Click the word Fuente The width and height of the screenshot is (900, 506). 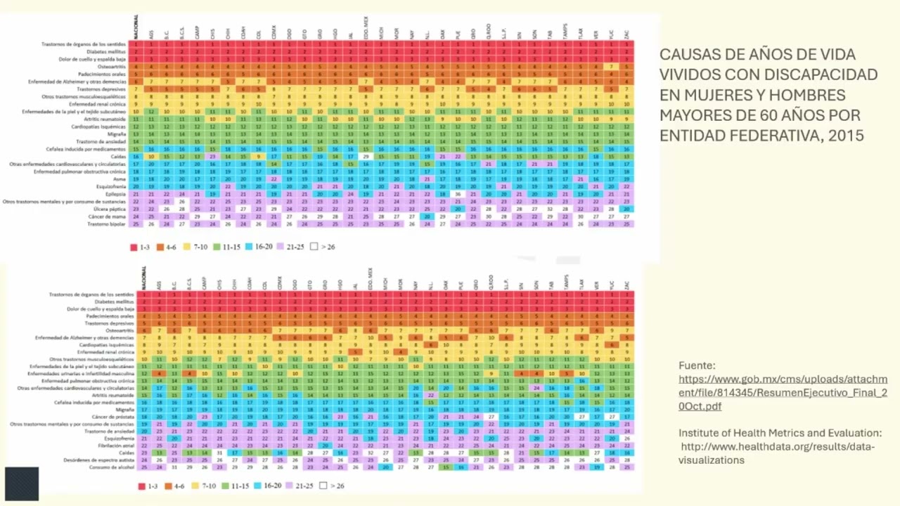pyautogui.click(x=697, y=365)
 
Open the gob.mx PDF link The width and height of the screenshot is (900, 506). pyautogui.click(x=783, y=393)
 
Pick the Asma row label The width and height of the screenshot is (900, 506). pyautogui.click(x=120, y=179)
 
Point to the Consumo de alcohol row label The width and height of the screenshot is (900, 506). pyautogui.click(x=112, y=467)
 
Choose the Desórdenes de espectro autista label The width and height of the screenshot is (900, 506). pyautogui.click(x=98, y=460)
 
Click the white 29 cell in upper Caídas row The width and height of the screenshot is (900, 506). pyautogui.click(x=366, y=157)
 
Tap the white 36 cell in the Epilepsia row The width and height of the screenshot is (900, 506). pyautogui.click(x=458, y=194)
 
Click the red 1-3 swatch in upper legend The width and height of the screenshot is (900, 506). pyautogui.click(x=134, y=247)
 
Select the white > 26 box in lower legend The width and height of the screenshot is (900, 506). pyautogui.click(x=323, y=486)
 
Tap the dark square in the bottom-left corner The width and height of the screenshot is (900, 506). pyautogui.click(x=21, y=484)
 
